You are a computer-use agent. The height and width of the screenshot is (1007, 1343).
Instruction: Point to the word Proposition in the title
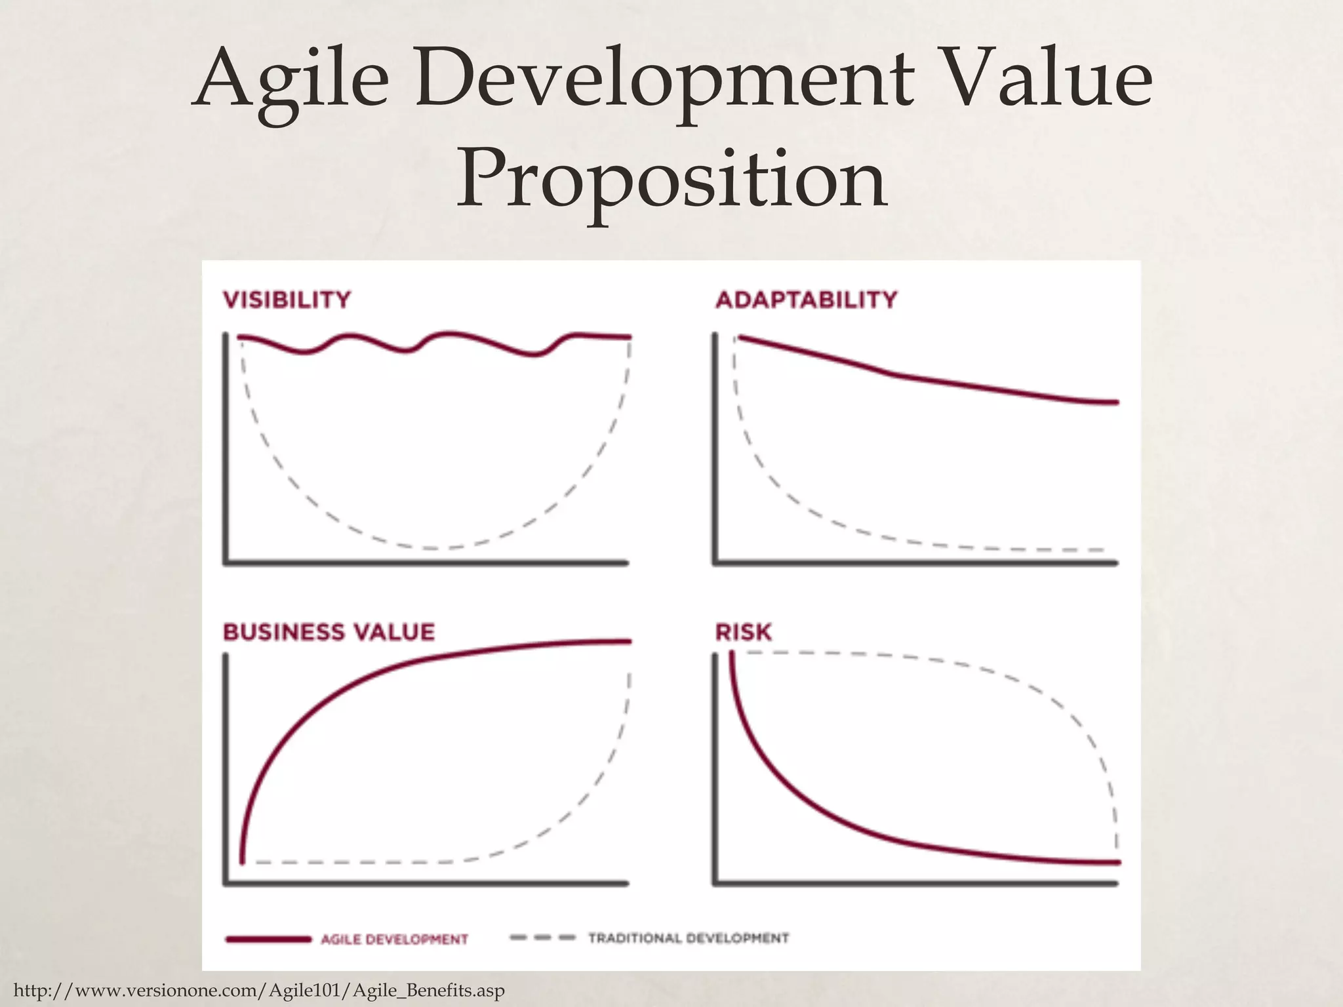point(671,181)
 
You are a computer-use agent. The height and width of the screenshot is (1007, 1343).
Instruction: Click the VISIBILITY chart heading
point(287,300)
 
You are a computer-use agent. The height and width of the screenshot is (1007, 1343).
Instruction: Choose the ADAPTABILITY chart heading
point(806,300)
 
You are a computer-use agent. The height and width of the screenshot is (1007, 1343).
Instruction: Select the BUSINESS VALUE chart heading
point(329,632)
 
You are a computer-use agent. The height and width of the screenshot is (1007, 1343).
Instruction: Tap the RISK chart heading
point(743,632)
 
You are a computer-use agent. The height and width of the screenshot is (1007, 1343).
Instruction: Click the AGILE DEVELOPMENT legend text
point(394,939)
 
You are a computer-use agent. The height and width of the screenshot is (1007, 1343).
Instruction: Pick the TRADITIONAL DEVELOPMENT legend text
point(688,938)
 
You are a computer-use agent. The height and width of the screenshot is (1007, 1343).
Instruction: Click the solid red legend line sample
point(268,939)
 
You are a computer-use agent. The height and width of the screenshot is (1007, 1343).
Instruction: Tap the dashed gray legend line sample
point(542,938)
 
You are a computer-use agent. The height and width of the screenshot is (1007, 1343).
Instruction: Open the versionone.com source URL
point(259,990)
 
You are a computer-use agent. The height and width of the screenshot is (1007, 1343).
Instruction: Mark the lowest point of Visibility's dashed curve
point(430,547)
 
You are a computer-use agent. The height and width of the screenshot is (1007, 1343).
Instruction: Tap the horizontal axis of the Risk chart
point(915,884)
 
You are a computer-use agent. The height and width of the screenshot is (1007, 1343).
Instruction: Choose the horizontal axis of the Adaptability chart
point(915,563)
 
